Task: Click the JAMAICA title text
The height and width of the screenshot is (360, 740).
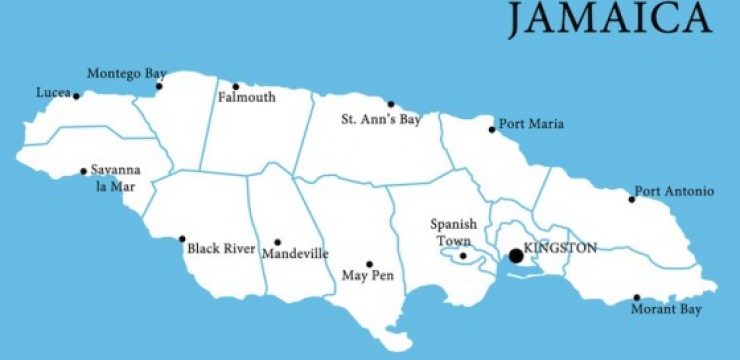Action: (609, 19)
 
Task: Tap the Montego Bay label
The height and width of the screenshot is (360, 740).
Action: (126, 74)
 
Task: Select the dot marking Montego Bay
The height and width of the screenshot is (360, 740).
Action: (158, 87)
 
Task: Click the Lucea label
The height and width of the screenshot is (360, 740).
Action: (52, 93)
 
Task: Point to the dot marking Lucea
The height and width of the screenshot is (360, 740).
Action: (76, 96)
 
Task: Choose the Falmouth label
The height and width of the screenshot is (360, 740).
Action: (246, 98)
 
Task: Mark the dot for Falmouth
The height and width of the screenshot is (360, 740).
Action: (236, 86)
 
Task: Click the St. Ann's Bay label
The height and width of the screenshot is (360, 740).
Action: (381, 120)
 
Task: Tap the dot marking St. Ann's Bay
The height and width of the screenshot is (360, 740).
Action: (391, 104)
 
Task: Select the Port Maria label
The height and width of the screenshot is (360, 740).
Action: (532, 125)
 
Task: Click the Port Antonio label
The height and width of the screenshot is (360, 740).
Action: (674, 192)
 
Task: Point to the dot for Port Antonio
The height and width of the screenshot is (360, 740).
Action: (631, 199)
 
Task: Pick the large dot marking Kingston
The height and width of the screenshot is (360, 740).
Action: (516, 256)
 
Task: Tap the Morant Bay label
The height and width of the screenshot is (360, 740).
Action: (666, 310)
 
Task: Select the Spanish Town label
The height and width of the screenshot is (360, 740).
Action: (453, 232)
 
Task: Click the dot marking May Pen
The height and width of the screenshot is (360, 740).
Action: (369, 264)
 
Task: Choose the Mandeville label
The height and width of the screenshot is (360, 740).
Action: (295, 254)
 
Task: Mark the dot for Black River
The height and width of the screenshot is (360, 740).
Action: (182, 239)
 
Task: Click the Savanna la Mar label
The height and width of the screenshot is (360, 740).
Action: (114, 178)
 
